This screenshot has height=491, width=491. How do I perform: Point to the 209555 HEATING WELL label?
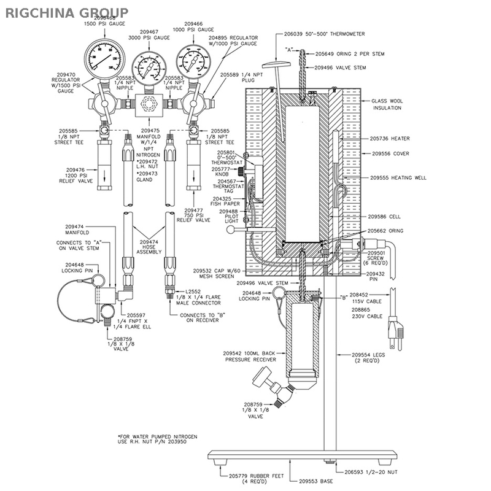click(x=398, y=177)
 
